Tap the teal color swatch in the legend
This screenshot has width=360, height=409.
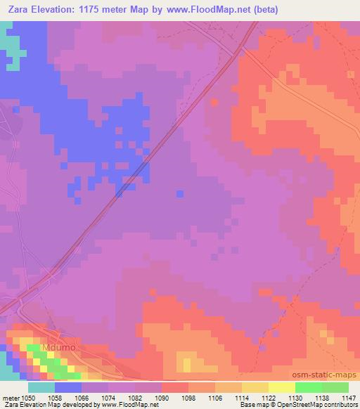point(41,387)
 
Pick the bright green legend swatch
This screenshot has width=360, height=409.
point(308,387)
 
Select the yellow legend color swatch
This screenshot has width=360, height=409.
point(281,387)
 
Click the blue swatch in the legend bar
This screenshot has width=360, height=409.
point(68,387)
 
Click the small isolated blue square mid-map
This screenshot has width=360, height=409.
point(180,193)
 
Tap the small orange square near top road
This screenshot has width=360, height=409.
point(214,102)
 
